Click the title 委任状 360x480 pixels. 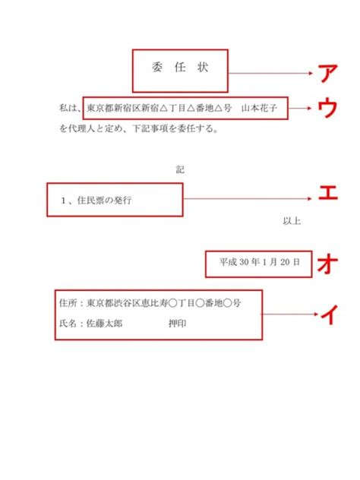[180, 67]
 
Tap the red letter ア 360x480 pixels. [327, 74]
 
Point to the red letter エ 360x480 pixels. [328, 193]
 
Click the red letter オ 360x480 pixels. [327, 264]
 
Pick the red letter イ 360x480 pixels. [329, 314]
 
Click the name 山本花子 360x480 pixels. [259, 108]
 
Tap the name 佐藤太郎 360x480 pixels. [104, 324]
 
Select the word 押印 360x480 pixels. [177, 324]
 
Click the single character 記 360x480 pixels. [180, 169]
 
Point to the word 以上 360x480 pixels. [292, 221]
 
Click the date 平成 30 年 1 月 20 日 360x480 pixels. [259, 262]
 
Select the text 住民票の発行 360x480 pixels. [104, 201]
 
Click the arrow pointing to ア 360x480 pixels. [270, 74]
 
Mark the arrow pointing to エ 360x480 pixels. [248, 199]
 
